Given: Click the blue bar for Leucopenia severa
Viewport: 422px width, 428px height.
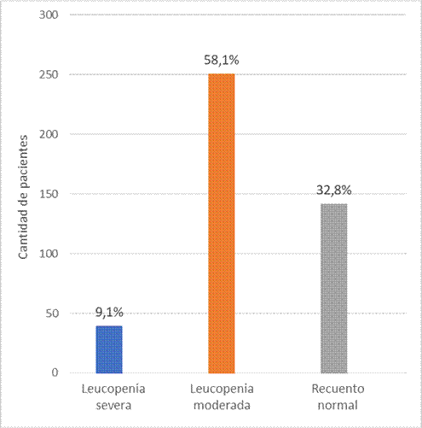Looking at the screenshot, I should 109,349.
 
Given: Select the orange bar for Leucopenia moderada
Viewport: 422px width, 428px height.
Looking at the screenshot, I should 221,223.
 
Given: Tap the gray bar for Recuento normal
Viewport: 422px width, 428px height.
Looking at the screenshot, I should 333,288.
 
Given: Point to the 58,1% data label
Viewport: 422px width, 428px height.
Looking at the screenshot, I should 221,62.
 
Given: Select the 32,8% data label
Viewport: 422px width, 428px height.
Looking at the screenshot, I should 333,191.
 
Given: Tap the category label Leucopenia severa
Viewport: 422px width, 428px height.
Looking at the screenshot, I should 109,396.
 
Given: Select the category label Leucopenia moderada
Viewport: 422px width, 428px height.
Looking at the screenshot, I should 221,396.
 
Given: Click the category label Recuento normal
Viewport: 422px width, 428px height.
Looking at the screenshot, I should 333,396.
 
